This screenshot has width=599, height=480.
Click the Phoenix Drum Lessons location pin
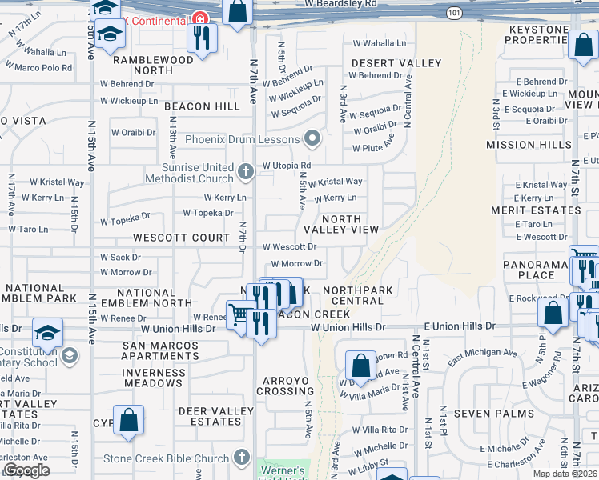click(312, 139)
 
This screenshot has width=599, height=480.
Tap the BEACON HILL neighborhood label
click(203, 106)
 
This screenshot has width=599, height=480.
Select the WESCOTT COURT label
click(182, 238)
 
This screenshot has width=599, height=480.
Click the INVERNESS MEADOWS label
click(154, 378)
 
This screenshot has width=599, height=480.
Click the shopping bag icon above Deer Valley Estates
click(128, 420)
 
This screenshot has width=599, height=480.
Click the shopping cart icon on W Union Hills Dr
click(239, 314)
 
